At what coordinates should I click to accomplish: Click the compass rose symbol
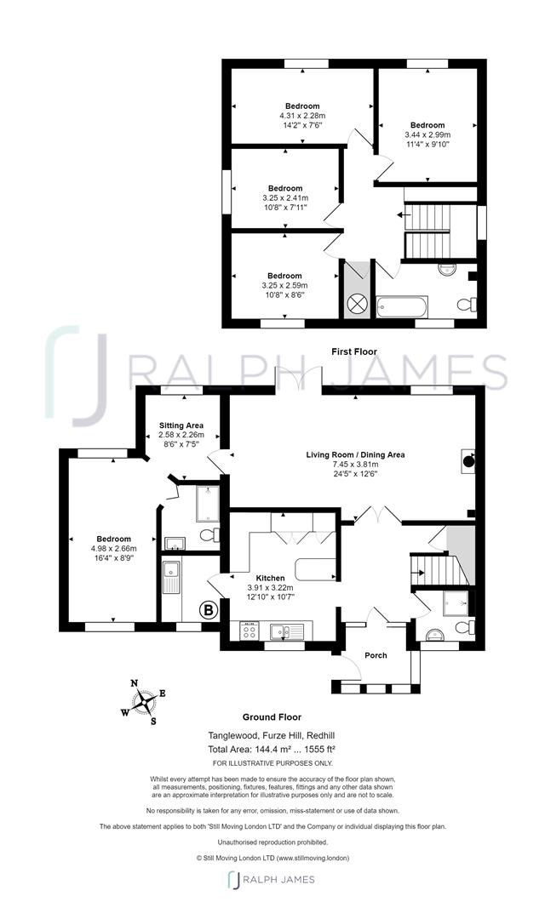coord(147,703)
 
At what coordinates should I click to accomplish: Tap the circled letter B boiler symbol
coord(206,609)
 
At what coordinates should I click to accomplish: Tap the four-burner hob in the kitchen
coord(250,631)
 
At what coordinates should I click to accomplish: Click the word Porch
coord(376,655)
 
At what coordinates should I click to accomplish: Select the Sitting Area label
coord(181,425)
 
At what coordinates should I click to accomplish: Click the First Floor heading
coord(354,351)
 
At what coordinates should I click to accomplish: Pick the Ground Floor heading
coord(272,717)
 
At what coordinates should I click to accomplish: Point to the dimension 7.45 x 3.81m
coord(356,465)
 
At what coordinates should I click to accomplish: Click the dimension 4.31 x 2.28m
coord(302,116)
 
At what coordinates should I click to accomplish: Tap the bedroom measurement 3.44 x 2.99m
coord(427,134)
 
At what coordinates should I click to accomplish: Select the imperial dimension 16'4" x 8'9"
coord(113,559)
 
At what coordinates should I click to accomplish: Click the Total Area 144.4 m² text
coord(272,748)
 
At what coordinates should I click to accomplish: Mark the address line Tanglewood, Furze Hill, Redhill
coord(272,735)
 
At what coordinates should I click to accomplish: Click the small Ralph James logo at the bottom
coord(272,880)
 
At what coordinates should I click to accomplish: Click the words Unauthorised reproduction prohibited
coord(272,841)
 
